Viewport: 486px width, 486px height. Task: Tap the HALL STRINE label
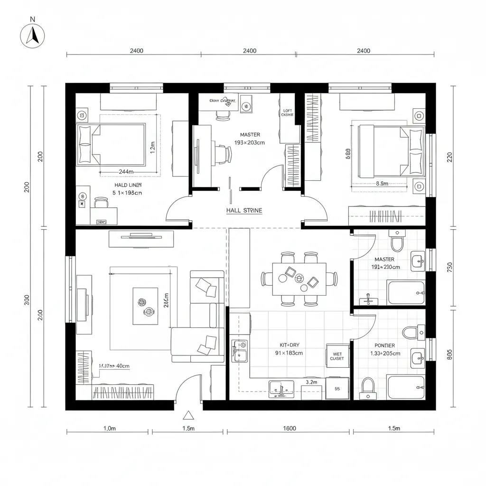(244, 210)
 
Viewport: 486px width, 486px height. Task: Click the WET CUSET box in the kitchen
(337, 356)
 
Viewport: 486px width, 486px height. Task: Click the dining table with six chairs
(299, 279)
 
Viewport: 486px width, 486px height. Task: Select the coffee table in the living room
(145, 306)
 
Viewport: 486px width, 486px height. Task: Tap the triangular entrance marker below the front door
(189, 416)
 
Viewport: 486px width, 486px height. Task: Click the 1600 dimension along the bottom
(289, 429)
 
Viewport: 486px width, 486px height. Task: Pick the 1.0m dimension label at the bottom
(109, 429)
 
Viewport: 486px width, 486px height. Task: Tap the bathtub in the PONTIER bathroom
(406, 387)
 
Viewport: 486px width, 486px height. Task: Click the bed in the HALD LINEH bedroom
(112, 144)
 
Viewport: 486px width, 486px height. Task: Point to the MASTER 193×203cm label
(250, 139)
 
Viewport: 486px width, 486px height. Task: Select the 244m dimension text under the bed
(126, 171)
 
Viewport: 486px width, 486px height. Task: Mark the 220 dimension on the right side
(449, 157)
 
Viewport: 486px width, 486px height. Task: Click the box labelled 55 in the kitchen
(337, 389)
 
